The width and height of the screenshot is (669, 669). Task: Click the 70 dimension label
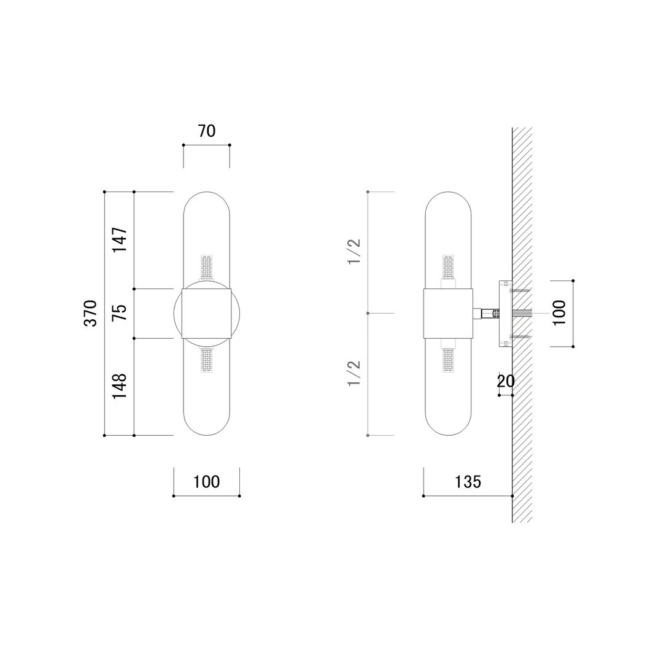(206, 131)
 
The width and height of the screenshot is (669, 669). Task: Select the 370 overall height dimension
(90, 313)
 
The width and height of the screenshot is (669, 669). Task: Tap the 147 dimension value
(120, 240)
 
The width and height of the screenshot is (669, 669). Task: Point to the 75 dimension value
(120, 313)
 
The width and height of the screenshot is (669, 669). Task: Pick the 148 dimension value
(120, 386)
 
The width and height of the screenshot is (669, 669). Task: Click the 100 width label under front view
(206, 482)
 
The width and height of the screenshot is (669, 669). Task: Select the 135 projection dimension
(468, 482)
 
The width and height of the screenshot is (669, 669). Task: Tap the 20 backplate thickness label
(506, 381)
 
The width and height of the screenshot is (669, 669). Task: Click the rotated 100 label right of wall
(559, 313)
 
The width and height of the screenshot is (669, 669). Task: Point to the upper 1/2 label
(354, 252)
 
